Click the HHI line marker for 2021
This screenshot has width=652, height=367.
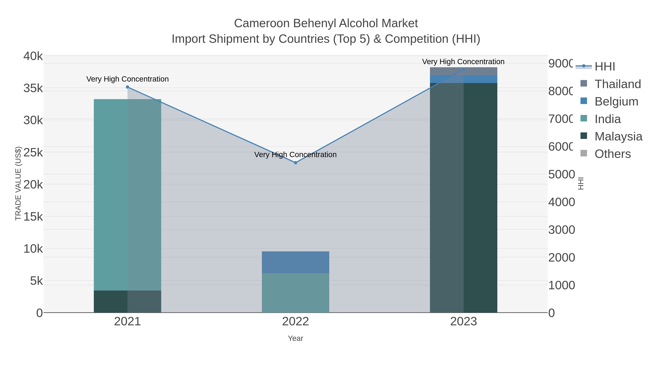click(x=128, y=87)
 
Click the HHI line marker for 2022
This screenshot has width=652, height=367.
click(x=295, y=163)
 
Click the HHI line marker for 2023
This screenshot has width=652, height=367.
click(x=463, y=69)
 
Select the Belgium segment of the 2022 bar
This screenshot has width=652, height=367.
click(x=295, y=262)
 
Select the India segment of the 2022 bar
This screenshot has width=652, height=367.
click(x=295, y=293)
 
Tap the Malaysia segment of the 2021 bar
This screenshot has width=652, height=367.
click(x=127, y=301)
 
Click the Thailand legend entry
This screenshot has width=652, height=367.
click(x=618, y=84)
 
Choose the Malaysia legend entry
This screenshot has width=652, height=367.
click(x=618, y=136)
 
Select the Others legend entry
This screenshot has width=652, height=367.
click(x=613, y=154)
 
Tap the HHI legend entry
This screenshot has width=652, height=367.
click(x=604, y=67)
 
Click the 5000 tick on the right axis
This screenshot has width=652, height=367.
click(x=561, y=175)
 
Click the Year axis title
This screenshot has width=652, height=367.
click(x=295, y=338)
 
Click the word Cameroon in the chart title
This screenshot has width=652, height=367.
click(x=262, y=23)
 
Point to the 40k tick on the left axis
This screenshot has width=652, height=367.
click(x=33, y=56)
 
